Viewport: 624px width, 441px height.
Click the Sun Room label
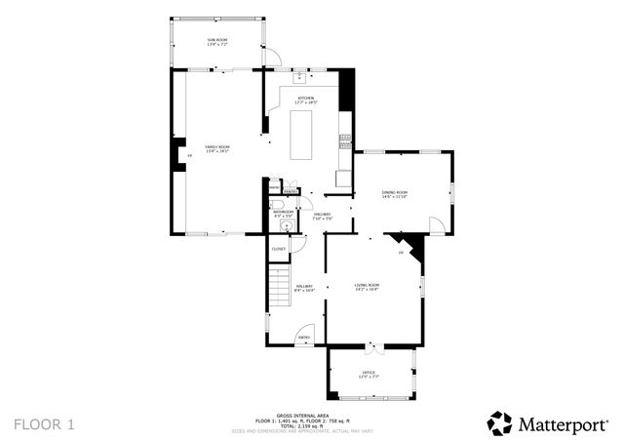tap(216, 41)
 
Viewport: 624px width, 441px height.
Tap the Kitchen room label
tap(306, 100)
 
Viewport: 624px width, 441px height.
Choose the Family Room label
tap(216, 148)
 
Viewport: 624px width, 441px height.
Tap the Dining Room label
tap(394, 194)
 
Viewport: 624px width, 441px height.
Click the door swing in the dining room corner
tap(437, 224)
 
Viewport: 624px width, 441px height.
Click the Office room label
tap(369, 374)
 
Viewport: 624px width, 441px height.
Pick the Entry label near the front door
tap(303, 338)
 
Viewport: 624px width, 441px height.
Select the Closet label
tap(278, 249)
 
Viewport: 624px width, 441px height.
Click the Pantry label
tap(291, 191)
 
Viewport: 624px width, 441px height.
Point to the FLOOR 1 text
tap(43, 424)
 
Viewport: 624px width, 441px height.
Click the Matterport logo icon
tap(499, 422)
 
